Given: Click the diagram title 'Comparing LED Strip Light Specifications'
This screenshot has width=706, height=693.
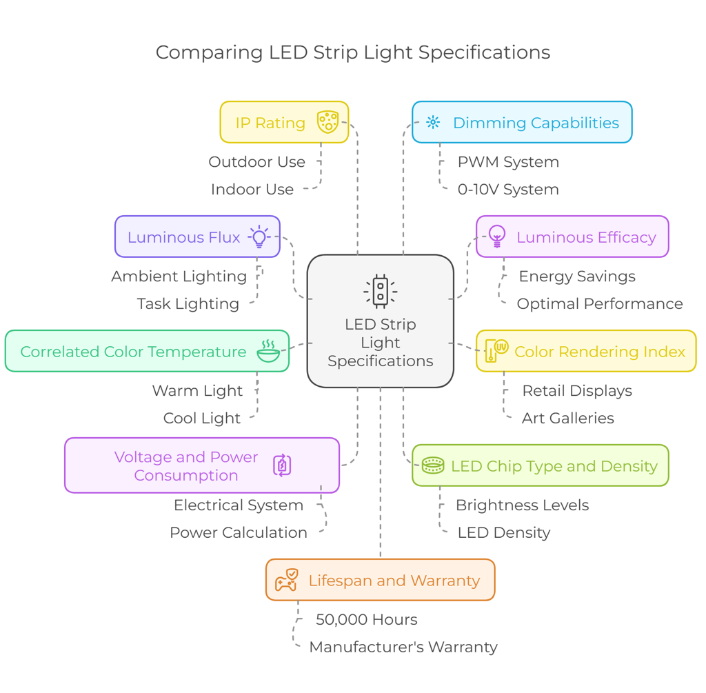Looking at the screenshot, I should (x=352, y=52).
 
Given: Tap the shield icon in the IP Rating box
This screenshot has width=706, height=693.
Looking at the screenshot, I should (x=327, y=122).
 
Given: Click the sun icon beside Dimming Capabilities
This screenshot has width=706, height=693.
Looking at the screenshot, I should (x=433, y=122).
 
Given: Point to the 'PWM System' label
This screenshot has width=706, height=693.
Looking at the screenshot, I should (x=508, y=162).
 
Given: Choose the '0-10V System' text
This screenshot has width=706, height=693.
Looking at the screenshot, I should (x=508, y=190).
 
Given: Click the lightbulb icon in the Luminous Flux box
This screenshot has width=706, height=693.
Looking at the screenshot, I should (x=259, y=237).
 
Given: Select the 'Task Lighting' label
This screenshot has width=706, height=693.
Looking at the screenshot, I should (x=188, y=304).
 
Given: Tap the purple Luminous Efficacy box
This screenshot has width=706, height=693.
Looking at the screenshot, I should (x=572, y=237).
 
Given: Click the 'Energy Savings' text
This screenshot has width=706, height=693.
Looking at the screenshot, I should (x=577, y=277).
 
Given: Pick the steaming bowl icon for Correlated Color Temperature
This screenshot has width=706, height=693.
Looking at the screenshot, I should (x=268, y=350).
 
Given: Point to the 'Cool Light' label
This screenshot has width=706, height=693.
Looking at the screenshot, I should (x=201, y=419).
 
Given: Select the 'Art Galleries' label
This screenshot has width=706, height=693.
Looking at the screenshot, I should (x=567, y=419).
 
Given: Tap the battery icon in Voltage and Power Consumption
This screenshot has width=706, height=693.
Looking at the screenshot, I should (x=282, y=465).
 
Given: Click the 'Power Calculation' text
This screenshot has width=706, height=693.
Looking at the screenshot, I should (x=238, y=533).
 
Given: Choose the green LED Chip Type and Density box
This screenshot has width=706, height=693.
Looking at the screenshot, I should (x=540, y=466).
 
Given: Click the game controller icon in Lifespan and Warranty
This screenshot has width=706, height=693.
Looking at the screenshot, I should (x=286, y=580).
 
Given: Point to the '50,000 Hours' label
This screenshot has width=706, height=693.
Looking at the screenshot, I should (x=366, y=620).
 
